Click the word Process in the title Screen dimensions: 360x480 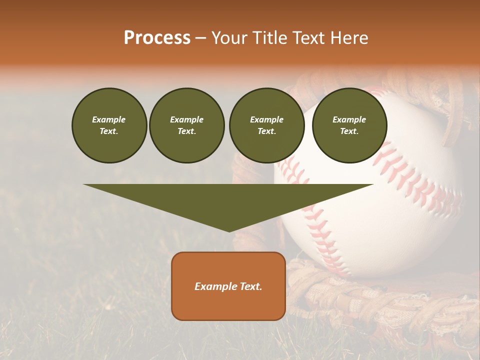pos(157,38)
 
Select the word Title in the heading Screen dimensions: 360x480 pos(269,38)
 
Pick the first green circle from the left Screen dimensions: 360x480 pos(109,125)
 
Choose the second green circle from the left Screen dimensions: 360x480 pos(187,125)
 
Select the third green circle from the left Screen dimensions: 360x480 pos(266,125)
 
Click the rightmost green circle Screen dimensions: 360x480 pos(349,125)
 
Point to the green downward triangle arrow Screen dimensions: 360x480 pos(228,200)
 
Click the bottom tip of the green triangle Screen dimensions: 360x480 pos(229,231)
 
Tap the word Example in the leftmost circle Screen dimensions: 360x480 pos(109,119)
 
